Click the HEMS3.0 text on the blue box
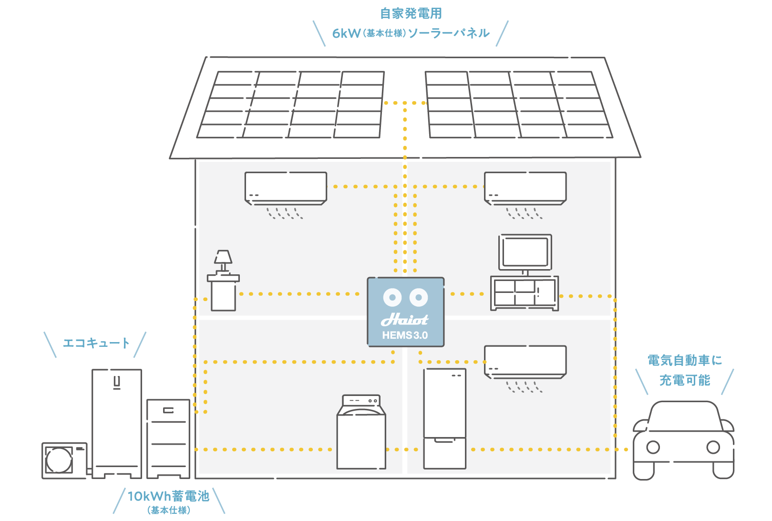405,335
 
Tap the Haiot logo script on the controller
405,319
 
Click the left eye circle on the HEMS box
392,297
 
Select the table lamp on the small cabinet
223,260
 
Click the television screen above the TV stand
525,252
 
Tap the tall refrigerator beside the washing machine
444,418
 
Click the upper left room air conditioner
286,188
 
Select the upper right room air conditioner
525,188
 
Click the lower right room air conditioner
525,361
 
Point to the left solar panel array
291,105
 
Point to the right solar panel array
518,105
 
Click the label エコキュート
96,343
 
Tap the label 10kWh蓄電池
168,496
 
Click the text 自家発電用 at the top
411,13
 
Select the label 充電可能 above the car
685,380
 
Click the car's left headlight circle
653,448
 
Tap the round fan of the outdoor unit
59,460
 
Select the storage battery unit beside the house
168,438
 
